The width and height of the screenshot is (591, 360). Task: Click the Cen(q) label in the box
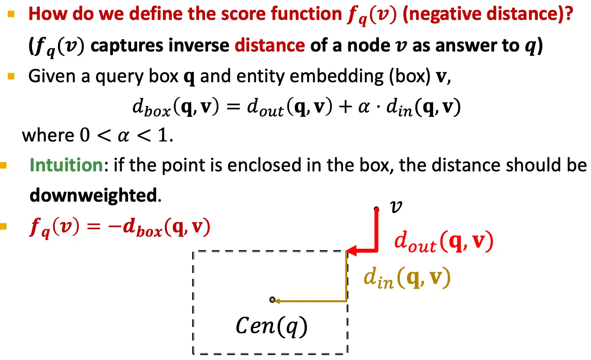point(271,326)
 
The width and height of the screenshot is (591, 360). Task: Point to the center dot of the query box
point(272,300)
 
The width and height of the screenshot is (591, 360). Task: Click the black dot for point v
point(376,209)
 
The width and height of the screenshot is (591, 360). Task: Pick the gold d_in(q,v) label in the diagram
point(407,280)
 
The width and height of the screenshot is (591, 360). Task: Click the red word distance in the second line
point(270,45)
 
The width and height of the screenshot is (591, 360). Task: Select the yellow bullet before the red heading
point(11,14)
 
